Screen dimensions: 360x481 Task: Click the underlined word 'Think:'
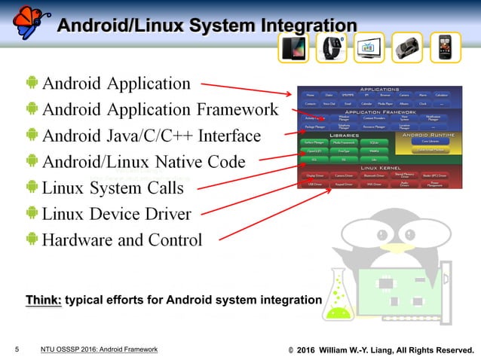[x=44, y=301]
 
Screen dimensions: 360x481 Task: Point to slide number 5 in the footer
[x=16, y=349]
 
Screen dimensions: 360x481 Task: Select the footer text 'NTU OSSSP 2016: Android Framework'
[x=99, y=349]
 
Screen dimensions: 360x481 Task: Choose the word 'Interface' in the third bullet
[x=225, y=136]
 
